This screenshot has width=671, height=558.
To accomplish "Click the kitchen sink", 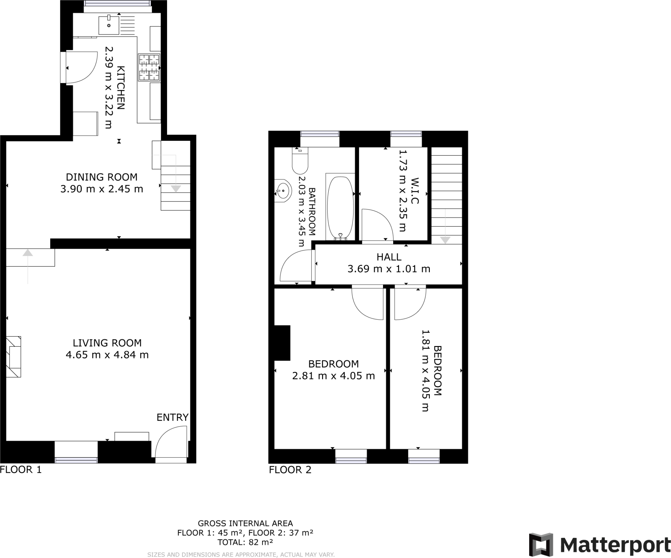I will click(108, 25).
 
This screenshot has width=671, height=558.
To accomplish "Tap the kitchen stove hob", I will click(149, 67).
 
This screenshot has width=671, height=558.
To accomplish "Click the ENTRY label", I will click(172, 417).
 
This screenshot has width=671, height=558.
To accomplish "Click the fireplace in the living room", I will click(13, 356).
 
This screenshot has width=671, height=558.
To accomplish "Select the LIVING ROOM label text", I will click(107, 343).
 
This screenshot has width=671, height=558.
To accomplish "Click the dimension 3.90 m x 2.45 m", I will click(102, 189).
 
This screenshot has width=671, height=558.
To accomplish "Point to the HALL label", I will click(389, 257).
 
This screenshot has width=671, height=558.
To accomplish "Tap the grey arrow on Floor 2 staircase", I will click(445, 240).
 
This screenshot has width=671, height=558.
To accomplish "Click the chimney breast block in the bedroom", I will click(282, 343).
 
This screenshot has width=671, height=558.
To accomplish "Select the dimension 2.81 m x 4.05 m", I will click(333, 375).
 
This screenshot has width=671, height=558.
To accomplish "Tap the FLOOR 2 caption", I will click(290, 470).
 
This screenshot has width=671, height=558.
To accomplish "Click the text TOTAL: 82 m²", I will click(245, 542).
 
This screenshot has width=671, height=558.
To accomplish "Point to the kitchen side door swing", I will click(82, 67).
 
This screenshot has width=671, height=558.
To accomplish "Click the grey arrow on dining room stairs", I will click(176, 188).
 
